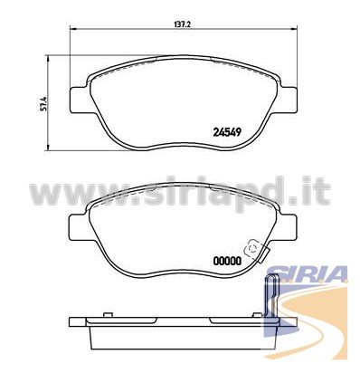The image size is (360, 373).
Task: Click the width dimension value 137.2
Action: pos(183,24)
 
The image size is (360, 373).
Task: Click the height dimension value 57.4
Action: pos(43,103)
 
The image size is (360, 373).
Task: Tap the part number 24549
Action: pos(227,132)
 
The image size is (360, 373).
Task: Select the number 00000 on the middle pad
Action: pos(227,261)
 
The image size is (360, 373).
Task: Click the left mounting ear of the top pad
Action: pos(80,100)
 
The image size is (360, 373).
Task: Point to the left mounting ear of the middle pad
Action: pos(80,228)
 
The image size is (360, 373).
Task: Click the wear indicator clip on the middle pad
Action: pos(256,251)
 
